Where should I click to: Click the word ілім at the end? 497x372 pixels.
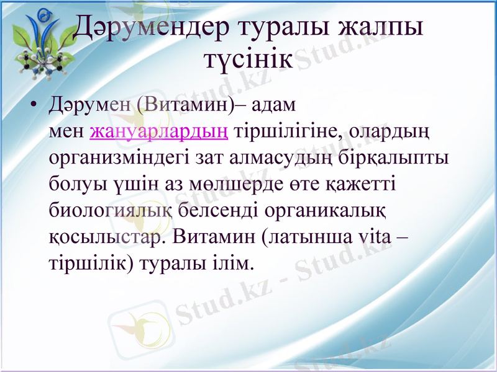coord(236,263)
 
